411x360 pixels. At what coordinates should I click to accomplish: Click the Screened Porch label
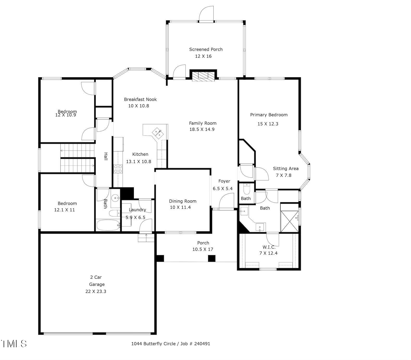click(x=206, y=49)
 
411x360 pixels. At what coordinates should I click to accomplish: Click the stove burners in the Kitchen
click(x=118, y=169)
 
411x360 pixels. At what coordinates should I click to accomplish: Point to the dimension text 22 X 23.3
click(x=96, y=291)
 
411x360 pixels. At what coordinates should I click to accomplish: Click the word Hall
click(x=106, y=156)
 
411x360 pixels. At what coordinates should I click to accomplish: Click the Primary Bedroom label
click(x=269, y=115)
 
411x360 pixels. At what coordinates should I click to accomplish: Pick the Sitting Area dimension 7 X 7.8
click(x=284, y=175)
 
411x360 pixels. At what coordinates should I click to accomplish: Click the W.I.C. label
click(x=269, y=247)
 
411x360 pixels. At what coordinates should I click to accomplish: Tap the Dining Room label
click(x=183, y=201)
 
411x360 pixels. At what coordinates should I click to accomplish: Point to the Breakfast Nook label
click(x=140, y=99)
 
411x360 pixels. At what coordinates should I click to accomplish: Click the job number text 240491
click(x=202, y=344)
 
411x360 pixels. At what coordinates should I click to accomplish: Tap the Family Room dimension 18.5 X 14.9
click(x=202, y=129)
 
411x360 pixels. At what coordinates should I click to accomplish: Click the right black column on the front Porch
click(x=211, y=258)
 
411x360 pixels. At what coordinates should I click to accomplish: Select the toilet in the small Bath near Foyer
click(x=246, y=188)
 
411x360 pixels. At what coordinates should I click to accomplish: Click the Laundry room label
click(x=137, y=210)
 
